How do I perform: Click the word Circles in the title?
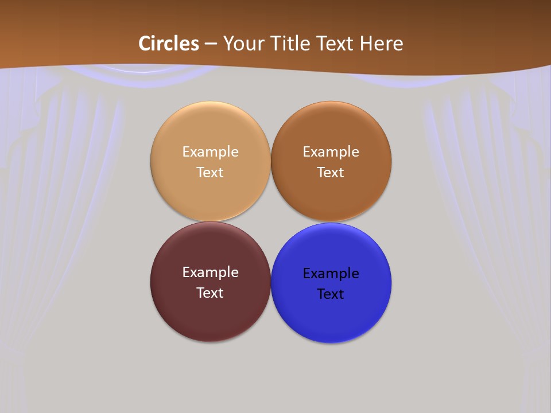tap(169, 44)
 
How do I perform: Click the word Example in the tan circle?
tap(210, 152)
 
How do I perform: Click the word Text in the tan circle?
tap(210, 173)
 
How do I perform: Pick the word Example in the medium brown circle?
tap(331, 152)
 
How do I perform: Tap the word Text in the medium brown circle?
tap(331, 173)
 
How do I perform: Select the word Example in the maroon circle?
tap(210, 272)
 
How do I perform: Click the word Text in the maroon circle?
tap(210, 293)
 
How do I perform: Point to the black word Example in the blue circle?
tap(331, 274)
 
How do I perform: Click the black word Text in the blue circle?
tap(331, 294)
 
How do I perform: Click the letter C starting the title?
tap(145, 44)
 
